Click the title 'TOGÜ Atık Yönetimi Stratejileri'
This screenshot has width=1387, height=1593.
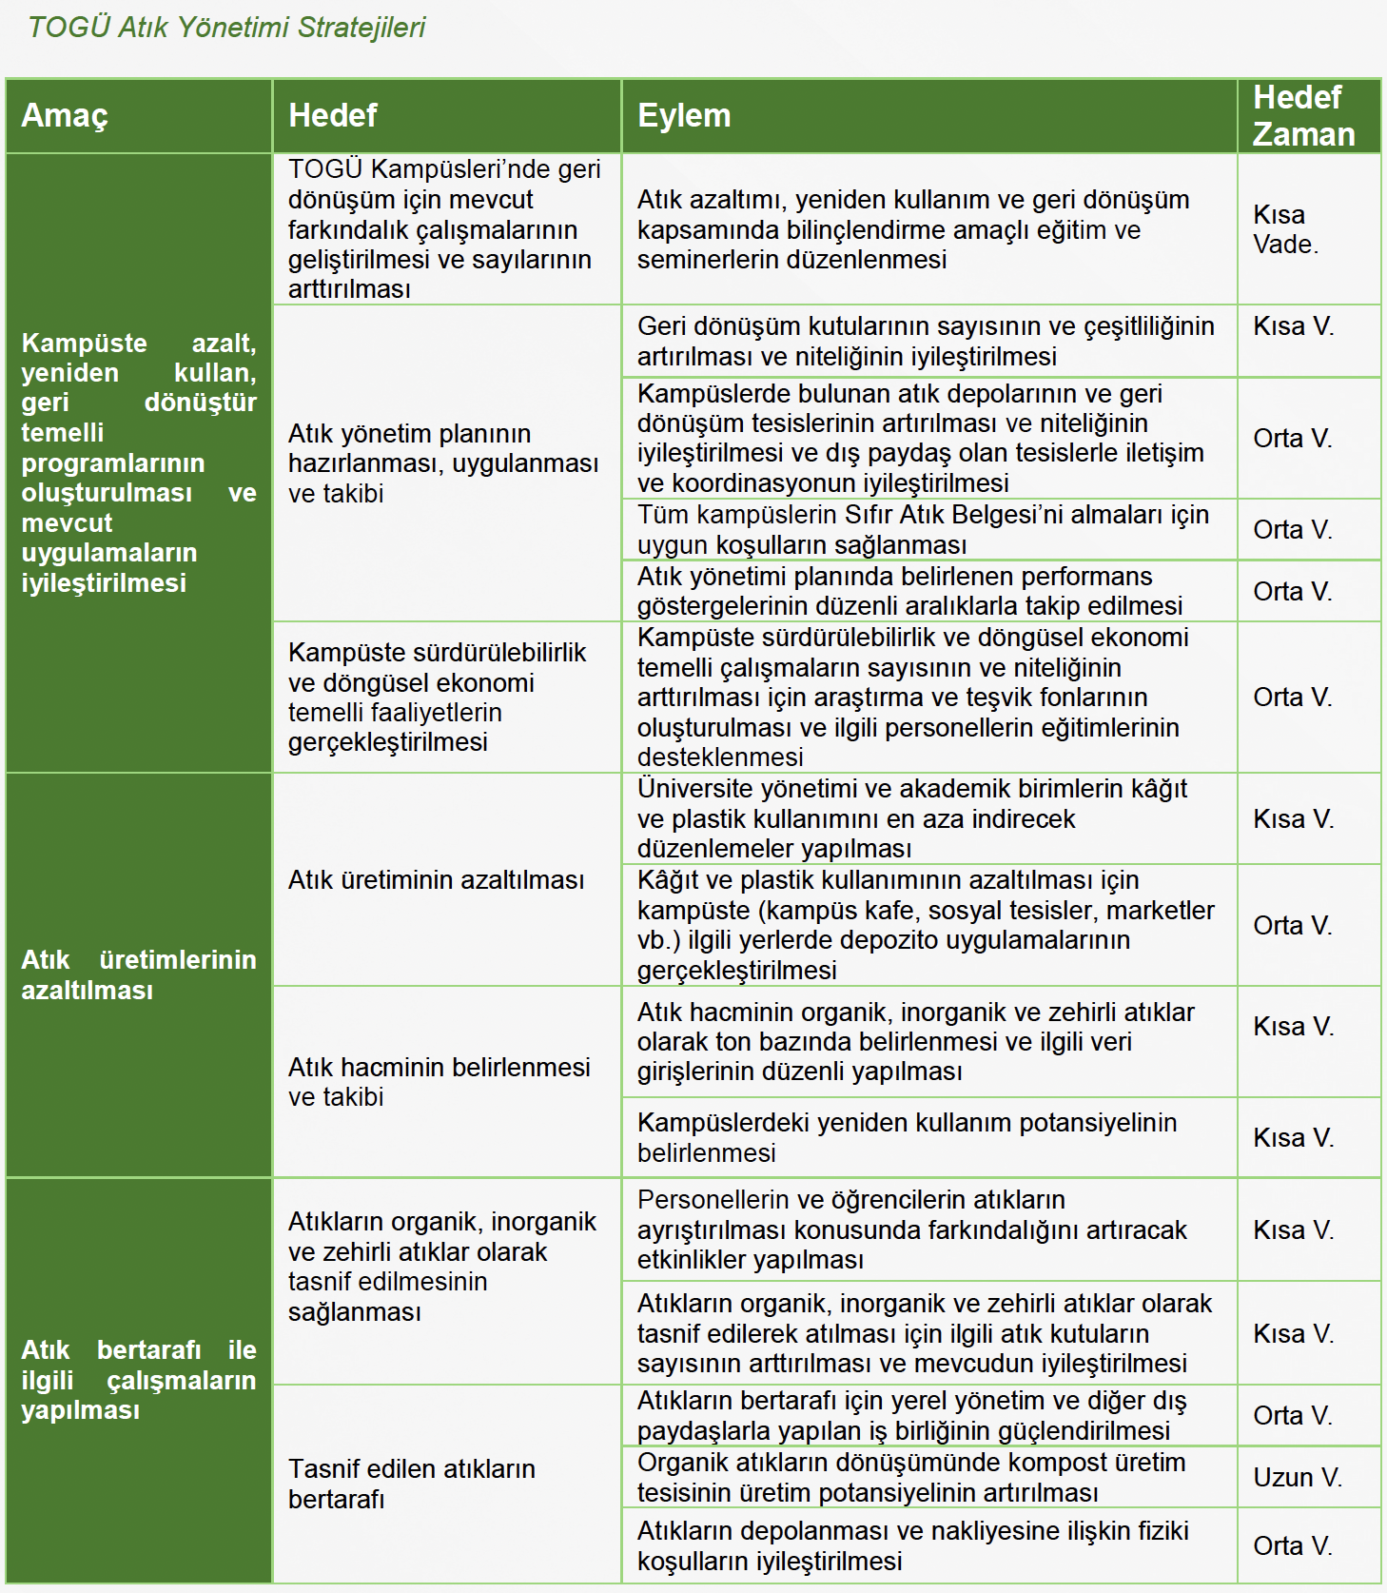click(x=226, y=28)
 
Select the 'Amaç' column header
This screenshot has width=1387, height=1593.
click(x=65, y=116)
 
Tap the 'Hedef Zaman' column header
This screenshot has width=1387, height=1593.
click(x=1302, y=116)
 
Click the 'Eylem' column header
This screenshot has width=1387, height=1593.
click(x=684, y=116)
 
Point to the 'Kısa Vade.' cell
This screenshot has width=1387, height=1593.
click(x=1284, y=229)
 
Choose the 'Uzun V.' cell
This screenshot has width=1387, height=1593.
click(x=1297, y=1477)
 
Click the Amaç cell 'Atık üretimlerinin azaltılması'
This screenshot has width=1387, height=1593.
click(x=139, y=974)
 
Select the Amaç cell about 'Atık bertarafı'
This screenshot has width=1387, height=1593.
click(x=139, y=1380)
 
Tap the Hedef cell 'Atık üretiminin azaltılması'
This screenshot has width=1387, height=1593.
click(x=436, y=880)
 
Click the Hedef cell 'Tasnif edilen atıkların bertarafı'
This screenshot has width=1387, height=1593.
click(x=412, y=1484)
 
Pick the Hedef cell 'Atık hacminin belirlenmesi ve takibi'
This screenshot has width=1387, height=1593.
click(x=439, y=1082)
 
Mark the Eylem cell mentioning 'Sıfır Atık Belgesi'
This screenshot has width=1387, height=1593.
click(x=923, y=530)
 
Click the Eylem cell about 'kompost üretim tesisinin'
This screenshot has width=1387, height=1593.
click(x=910, y=1477)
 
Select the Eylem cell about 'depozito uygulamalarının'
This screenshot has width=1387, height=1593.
click(x=925, y=925)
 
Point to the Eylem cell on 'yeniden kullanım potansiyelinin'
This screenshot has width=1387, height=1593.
click(x=907, y=1137)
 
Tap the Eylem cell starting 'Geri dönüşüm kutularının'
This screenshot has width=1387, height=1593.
click(x=925, y=341)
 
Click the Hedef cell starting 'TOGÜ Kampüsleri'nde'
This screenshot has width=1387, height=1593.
click(x=444, y=229)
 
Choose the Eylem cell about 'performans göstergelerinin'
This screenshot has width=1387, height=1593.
click(x=909, y=591)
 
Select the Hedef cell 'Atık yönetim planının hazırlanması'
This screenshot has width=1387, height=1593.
click(x=442, y=463)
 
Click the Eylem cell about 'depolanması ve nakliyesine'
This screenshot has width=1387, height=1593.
click(x=912, y=1545)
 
